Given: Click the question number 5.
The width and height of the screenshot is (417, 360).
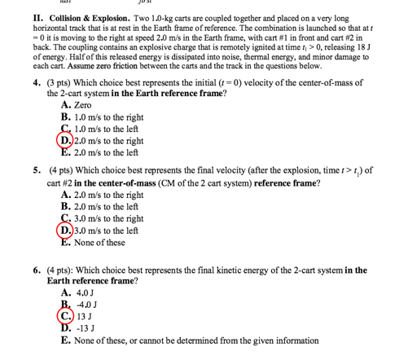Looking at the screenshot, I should click(37, 173).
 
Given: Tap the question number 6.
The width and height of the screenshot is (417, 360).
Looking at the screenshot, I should click(37, 270).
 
